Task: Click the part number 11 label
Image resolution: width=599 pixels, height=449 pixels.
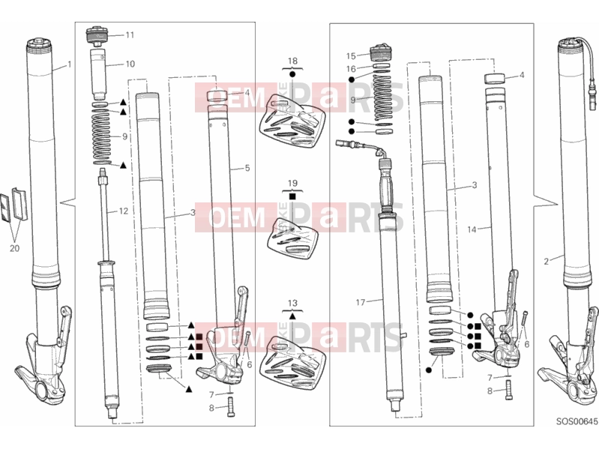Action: [x=130, y=35]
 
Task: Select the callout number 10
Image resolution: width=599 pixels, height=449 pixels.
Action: [x=130, y=64]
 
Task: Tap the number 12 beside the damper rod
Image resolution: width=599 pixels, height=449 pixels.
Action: [x=124, y=211]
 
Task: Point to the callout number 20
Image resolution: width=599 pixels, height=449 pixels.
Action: [x=14, y=248]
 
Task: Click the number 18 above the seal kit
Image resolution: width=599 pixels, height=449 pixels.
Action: [x=292, y=61]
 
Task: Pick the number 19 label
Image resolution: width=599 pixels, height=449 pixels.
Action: [x=292, y=183]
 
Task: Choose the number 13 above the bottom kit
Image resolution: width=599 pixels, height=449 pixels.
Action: [x=292, y=303]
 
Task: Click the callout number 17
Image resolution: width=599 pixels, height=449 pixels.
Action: [x=361, y=302]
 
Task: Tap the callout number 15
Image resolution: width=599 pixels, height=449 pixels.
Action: [x=351, y=56]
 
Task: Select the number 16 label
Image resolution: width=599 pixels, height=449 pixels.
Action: [x=351, y=69]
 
